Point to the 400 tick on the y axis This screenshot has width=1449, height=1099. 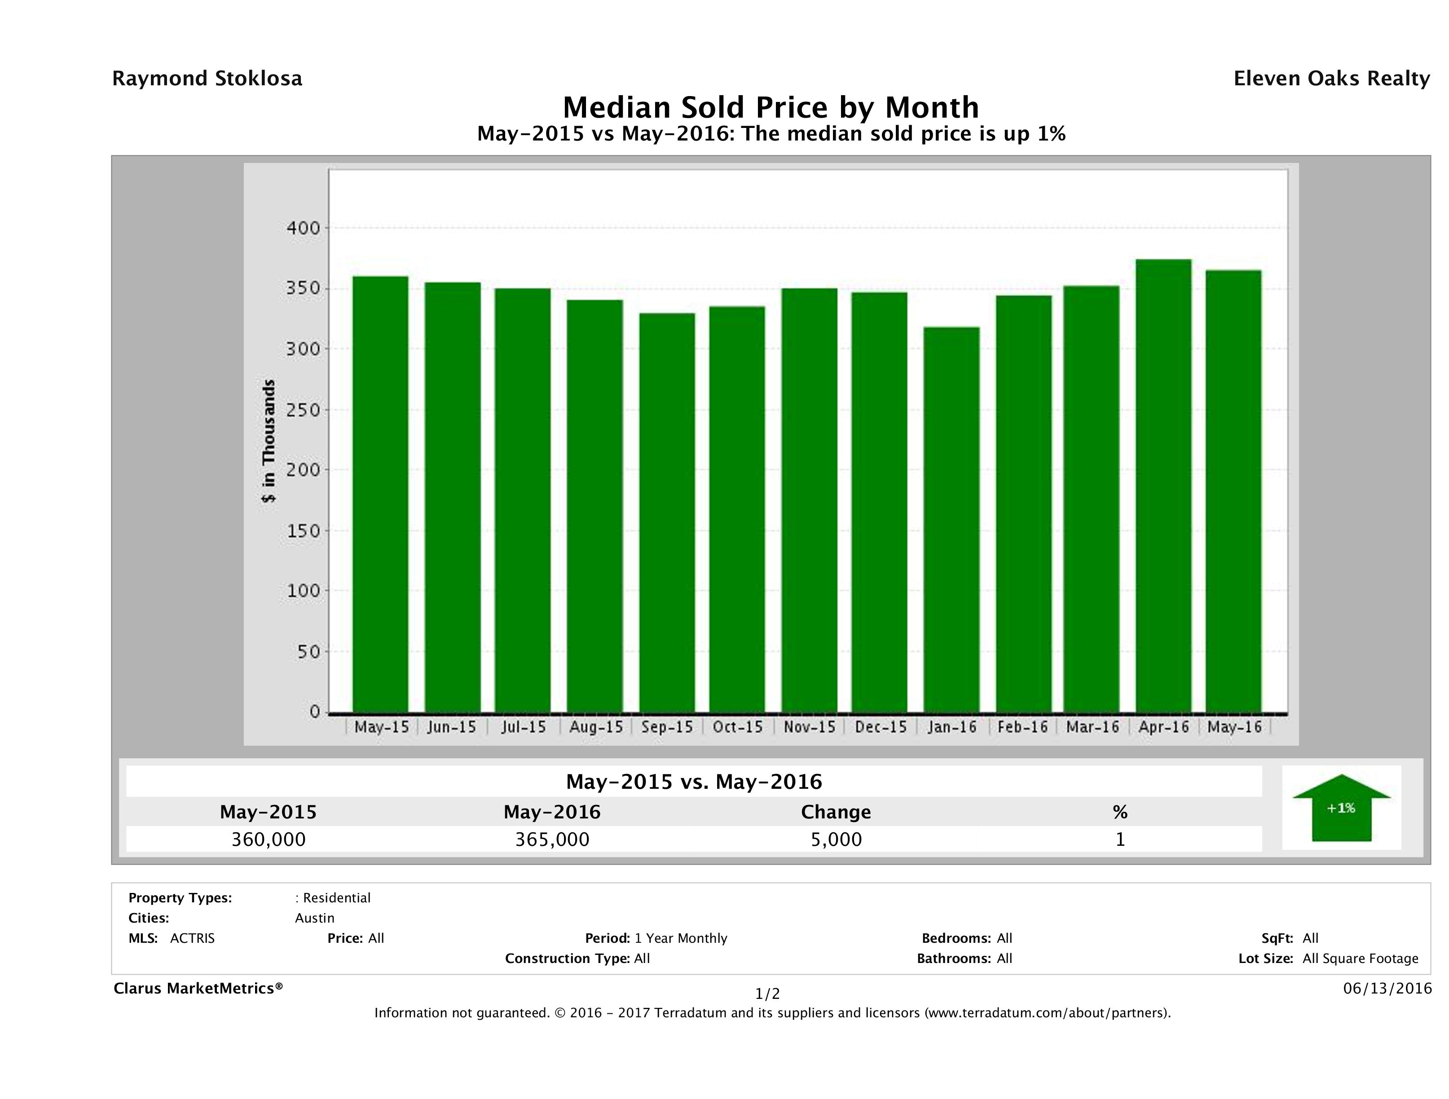coord(303,228)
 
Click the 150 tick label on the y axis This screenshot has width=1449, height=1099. coord(303,531)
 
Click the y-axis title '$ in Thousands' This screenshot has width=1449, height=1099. coord(269,441)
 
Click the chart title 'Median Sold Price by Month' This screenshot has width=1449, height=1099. coord(771,107)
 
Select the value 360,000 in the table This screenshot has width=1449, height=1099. coord(268,839)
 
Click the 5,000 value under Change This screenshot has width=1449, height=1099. coord(836,839)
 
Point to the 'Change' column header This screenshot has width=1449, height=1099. coord(836,812)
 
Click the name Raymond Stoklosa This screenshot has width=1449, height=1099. coord(207,79)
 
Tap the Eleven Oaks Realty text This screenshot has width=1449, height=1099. coord(1331,79)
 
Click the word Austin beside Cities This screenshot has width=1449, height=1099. coord(314,918)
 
